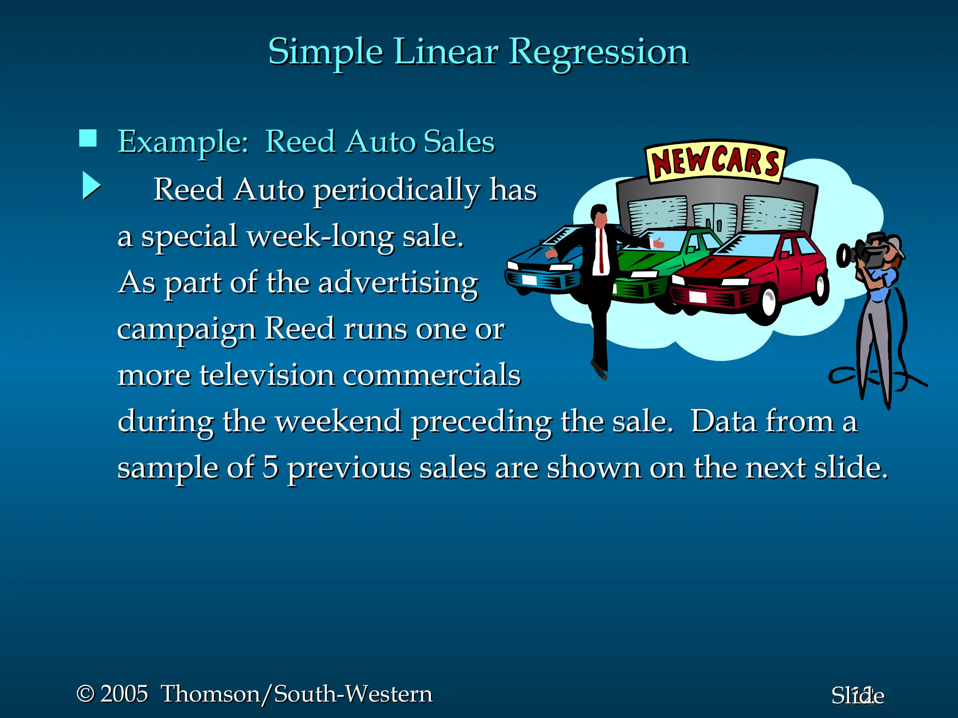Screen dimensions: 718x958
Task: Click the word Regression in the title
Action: pyautogui.click(x=598, y=52)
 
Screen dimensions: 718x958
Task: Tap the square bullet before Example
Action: pyautogui.click(x=88, y=138)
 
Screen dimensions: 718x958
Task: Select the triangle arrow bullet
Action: pyautogui.click(x=91, y=186)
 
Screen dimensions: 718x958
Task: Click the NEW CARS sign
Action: pyautogui.click(x=715, y=162)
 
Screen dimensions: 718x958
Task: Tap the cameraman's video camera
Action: pyautogui.click(x=865, y=253)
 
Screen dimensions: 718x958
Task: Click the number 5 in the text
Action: pyautogui.click(x=270, y=467)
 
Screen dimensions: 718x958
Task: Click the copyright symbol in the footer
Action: pyautogui.click(x=85, y=694)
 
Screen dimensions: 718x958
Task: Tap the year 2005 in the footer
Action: pyautogui.click(x=124, y=694)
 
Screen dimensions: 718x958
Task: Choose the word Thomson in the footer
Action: pyautogui.click(x=210, y=694)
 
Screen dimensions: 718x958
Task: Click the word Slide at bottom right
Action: pyautogui.click(x=857, y=696)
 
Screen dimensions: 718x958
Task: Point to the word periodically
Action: pyautogui.click(x=397, y=191)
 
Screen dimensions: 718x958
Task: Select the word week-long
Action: pyautogui.click(x=320, y=237)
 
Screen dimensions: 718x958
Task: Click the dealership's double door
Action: pyautogui.click(x=714, y=219)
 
